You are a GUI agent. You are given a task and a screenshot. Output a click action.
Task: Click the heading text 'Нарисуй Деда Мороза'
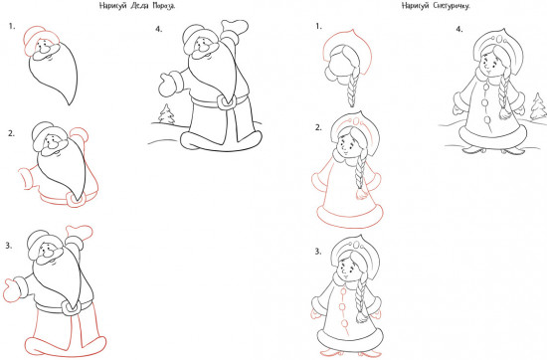pyautogui.click(x=137, y=6)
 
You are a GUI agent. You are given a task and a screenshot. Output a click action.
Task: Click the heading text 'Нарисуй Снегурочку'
pyautogui.click(x=436, y=6)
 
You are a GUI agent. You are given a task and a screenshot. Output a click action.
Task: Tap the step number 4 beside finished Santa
pyautogui.click(x=159, y=29)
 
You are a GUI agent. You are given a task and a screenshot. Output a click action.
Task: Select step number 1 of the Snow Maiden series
pyautogui.click(x=318, y=26)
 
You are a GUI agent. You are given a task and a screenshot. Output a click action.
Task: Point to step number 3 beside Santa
pyautogui.click(x=8, y=246)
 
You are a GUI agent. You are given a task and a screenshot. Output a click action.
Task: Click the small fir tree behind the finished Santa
pyautogui.click(x=166, y=113)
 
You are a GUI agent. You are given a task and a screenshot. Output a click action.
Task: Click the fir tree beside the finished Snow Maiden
pyautogui.click(x=538, y=106)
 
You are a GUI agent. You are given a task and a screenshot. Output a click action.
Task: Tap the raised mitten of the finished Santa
pyautogui.click(x=235, y=27)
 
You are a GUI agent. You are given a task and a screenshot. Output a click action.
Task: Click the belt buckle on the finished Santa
pyautogui.click(x=226, y=101)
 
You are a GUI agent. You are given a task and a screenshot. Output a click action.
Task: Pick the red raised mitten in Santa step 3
pyautogui.click(x=80, y=232)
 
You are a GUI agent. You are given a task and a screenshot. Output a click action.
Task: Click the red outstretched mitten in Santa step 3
pyautogui.click(x=11, y=290)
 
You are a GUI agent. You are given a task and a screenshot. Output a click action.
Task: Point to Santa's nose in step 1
pyautogui.click(x=45, y=51)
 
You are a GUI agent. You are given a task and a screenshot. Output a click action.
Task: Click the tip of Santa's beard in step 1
pyautogui.click(x=71, y=104)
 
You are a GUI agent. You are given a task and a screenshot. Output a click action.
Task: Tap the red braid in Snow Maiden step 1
pyautogui.click(x=352, y=88)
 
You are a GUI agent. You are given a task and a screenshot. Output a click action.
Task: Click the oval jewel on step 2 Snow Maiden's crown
pyautogui.click(x=357, y=121)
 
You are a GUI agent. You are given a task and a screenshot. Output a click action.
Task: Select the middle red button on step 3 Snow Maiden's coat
pyautogui.click(x=342, y=307)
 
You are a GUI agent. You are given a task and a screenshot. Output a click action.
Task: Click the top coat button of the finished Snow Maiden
pyautogui.click(x=484, y=87)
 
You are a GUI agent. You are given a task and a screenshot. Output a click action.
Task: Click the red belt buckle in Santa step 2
pyautogui.click(x=75, y=200)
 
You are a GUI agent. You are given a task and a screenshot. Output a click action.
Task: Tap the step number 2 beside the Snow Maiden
pyautogui.click(x=318, y=127)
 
